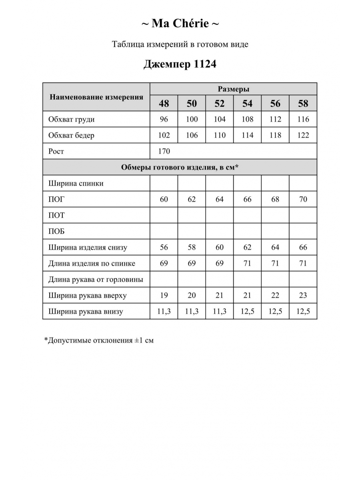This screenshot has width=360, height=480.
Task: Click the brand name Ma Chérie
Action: pyautogui.click(x=180, y=24)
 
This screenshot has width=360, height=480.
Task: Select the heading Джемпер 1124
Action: pyautogui.click(x=180, y=64)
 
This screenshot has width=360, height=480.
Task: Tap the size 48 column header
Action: pyautogui.click(x=164, y=104)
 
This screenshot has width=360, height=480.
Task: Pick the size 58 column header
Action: pyautogui.click(x=303, y=104)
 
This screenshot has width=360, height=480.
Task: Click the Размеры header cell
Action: pyautogui.click(x=234, y=89)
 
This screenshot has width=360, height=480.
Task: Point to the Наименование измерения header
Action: pyautogui.click(x=96, y=97)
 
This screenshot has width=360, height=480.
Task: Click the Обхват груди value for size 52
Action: pyautogui.click(x=220, y=119)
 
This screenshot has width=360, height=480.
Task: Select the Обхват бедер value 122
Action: pyautogui.click(x=303, y=135)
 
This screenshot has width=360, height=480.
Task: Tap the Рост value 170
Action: pyautogui.click(x=164, y=151)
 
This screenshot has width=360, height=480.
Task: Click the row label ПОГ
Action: pyautogui.click(x=56, y=199)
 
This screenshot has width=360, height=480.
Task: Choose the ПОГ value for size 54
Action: pyautogui.click(x=248, y=199)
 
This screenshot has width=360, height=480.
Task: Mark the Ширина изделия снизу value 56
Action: pyautogui.click(x=164, y=247)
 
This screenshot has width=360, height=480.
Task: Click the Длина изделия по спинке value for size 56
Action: pyautogui.click(x=275, y=263)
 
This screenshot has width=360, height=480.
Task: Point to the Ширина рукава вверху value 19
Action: pyautogui.click(x=164, y=295)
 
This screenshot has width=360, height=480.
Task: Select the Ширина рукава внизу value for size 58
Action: pyautogui.click(x=303, y=311)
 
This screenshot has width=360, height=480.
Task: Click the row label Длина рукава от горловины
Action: pyautogui.click(x=96, y=279)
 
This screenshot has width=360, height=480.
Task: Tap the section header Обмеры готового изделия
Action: pyautogui.click(x=180, y=167)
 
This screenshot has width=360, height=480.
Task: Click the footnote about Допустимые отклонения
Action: pyautogui.click(x=99, y=340)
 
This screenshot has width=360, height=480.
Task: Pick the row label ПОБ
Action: pyautogui.click(x=56, y=231)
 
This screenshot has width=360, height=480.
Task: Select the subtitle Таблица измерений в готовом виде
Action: pyautogui.click(x=180, y=44)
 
